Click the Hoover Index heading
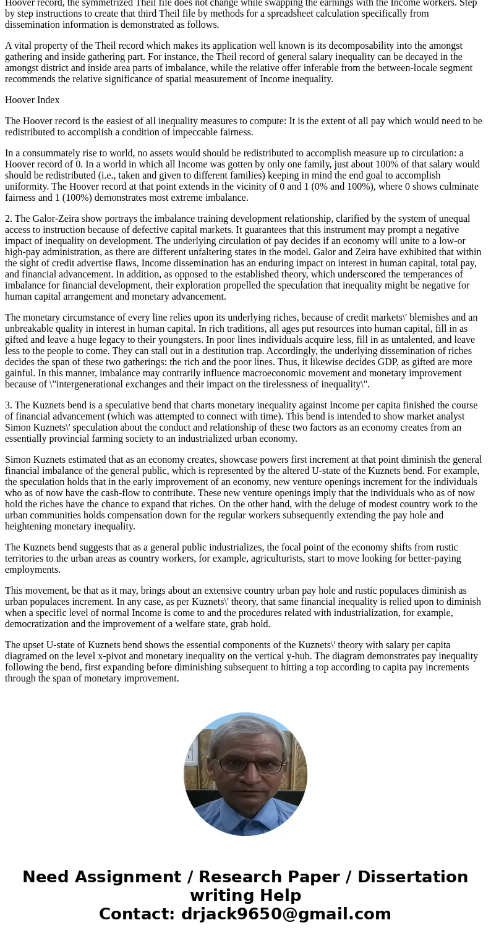[x=32, y=100]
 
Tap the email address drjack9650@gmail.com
[x=286, y=914]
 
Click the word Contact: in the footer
[x=137, y=914]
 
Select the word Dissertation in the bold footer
[x=412, y=877]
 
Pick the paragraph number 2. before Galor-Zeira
[x=9, y=219]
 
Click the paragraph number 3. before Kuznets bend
[x=9, y=405]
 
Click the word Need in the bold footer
[x=47, y=877]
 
